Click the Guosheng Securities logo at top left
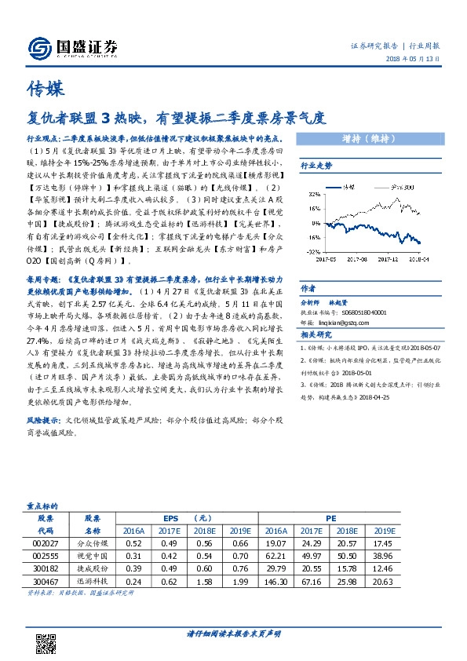pyautogui.click(x=72, y=47)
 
